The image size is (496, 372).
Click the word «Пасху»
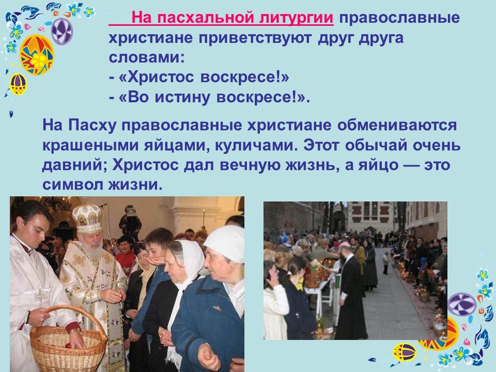92,126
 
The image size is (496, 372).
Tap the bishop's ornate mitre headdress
87,218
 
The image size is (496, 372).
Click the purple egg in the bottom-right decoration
462,304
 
